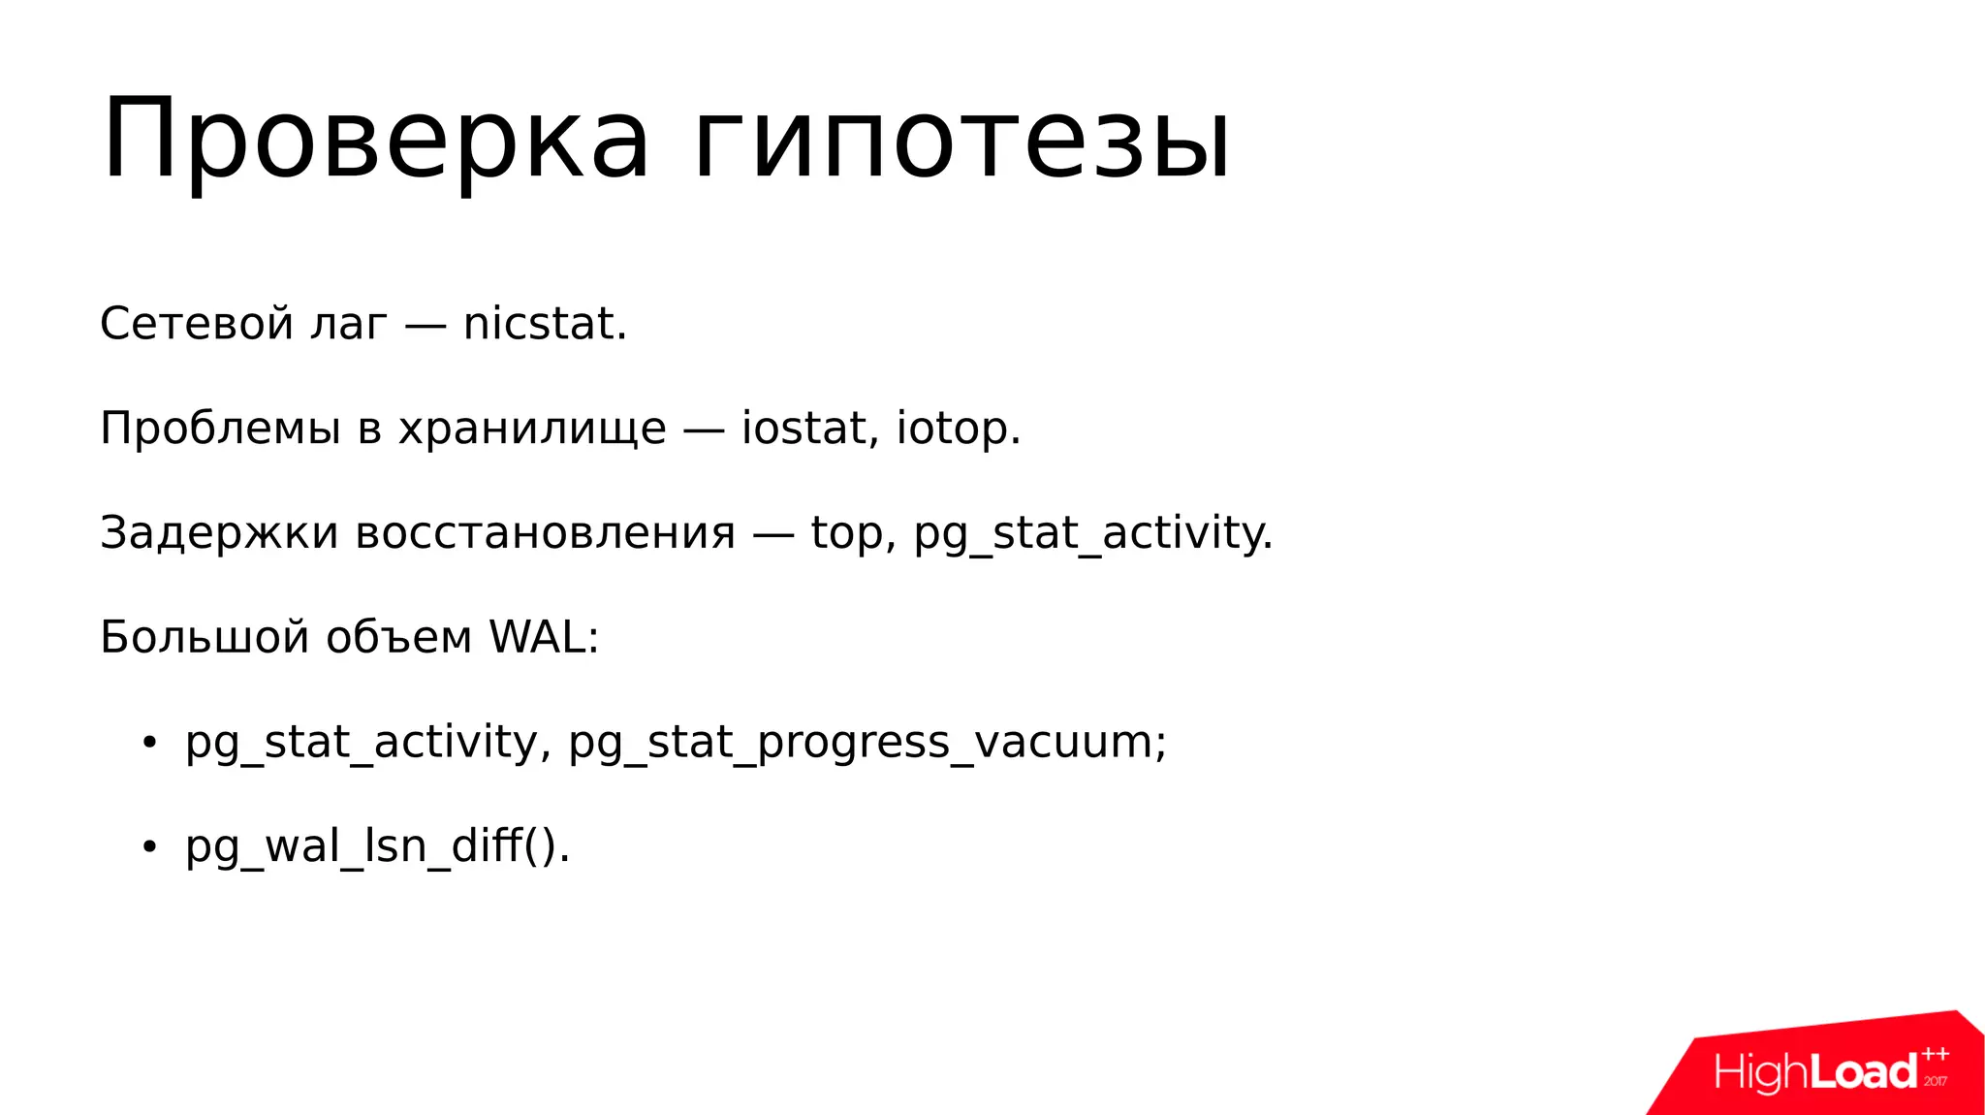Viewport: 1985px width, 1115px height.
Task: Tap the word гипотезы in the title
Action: click(x=961, y=141)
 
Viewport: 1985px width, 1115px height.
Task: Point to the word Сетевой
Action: click(x=197, y=324)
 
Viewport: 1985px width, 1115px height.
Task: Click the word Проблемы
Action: click(x=220, y=429)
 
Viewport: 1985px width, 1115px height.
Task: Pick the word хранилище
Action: click(x=532, y=429)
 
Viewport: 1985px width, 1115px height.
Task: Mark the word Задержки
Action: click(x=219, y=533)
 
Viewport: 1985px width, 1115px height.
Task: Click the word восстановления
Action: click(x=546, y=533)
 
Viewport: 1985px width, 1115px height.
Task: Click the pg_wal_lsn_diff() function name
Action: click(x=376, y=847)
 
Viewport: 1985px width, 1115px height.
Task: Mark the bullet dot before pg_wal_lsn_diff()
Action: click(x=148, y=847)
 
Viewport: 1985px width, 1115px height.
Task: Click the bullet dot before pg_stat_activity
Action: click(x=148, y=744)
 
